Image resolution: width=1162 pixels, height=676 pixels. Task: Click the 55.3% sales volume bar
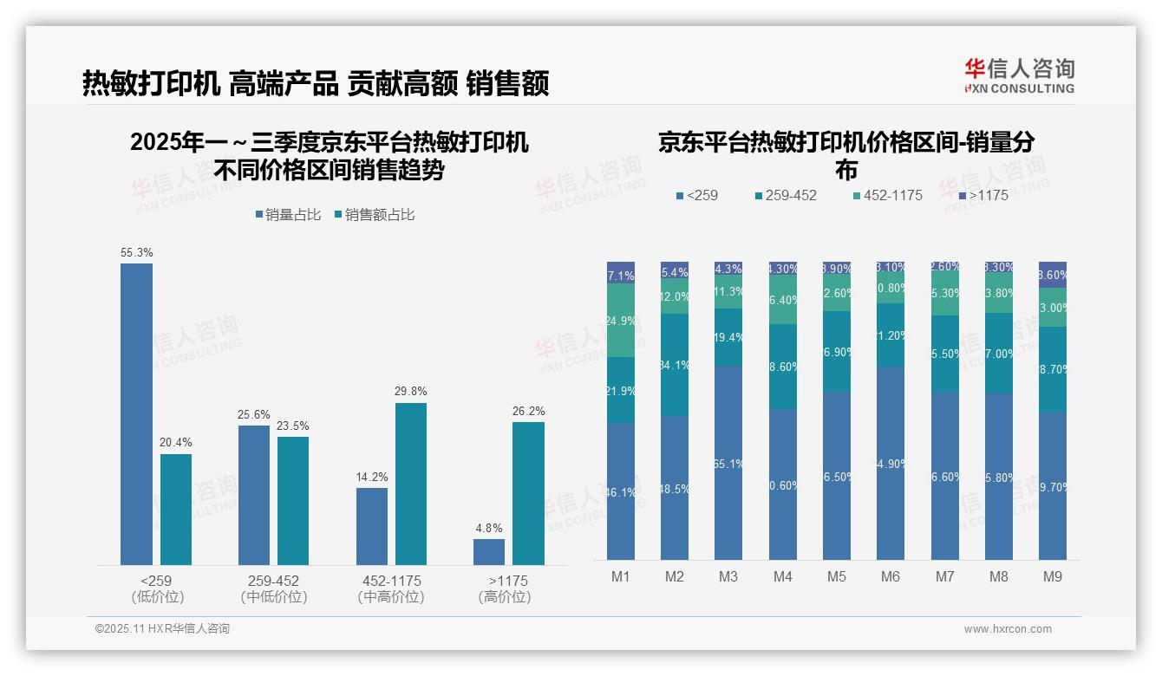tap(136, 414)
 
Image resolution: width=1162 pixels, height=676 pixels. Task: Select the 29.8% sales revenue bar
tap(410, 484)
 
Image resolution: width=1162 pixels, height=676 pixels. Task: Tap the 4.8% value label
tap(488, 528)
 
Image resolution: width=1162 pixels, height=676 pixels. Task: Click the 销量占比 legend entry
tap(286, 214)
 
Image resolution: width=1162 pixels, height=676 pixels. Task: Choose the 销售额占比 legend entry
tap(374, 214)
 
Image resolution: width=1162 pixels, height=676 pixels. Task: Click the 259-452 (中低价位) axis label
tap(273, 588)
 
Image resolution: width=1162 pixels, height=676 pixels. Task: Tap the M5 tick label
tap(836, 576)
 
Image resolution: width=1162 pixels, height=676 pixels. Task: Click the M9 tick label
tap(1052, 576)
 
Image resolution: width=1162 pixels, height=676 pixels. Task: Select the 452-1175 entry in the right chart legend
tap(887, 195)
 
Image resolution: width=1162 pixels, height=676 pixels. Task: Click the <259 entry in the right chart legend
tap(697, 195)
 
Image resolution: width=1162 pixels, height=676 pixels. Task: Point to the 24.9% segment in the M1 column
tap(621, 320)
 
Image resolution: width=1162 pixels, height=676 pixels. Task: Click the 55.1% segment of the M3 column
tap(728, 463)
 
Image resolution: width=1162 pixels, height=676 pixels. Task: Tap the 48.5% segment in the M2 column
tap(674, 488)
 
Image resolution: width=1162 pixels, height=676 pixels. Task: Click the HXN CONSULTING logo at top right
tap(1019, 75)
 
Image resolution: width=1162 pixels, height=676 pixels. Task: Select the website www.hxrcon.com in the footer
tap(1007, 629)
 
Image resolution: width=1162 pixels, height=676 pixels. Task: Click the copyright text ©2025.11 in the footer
tap(162, 628)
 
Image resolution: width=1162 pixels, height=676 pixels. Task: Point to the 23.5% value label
tap(293, 426)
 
